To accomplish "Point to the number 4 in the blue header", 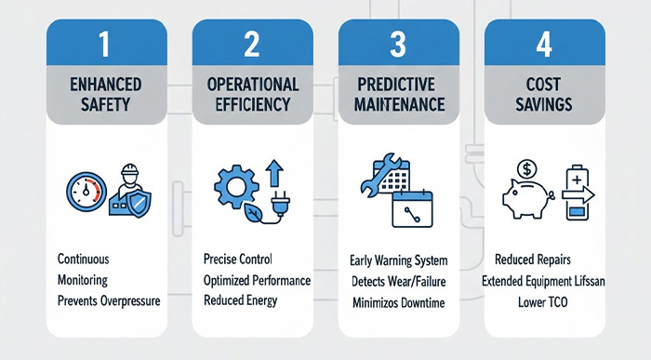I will [x=545, y=43].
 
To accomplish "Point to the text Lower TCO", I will [x=546, y=300].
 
